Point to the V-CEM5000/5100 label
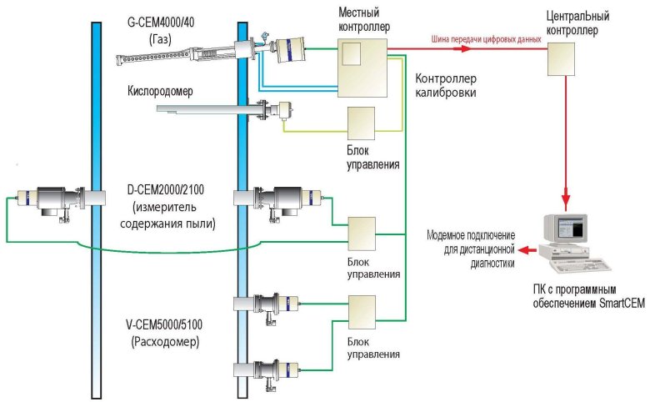(168, 327)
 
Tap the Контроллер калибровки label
(446, 85)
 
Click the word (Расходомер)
(168, 341)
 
